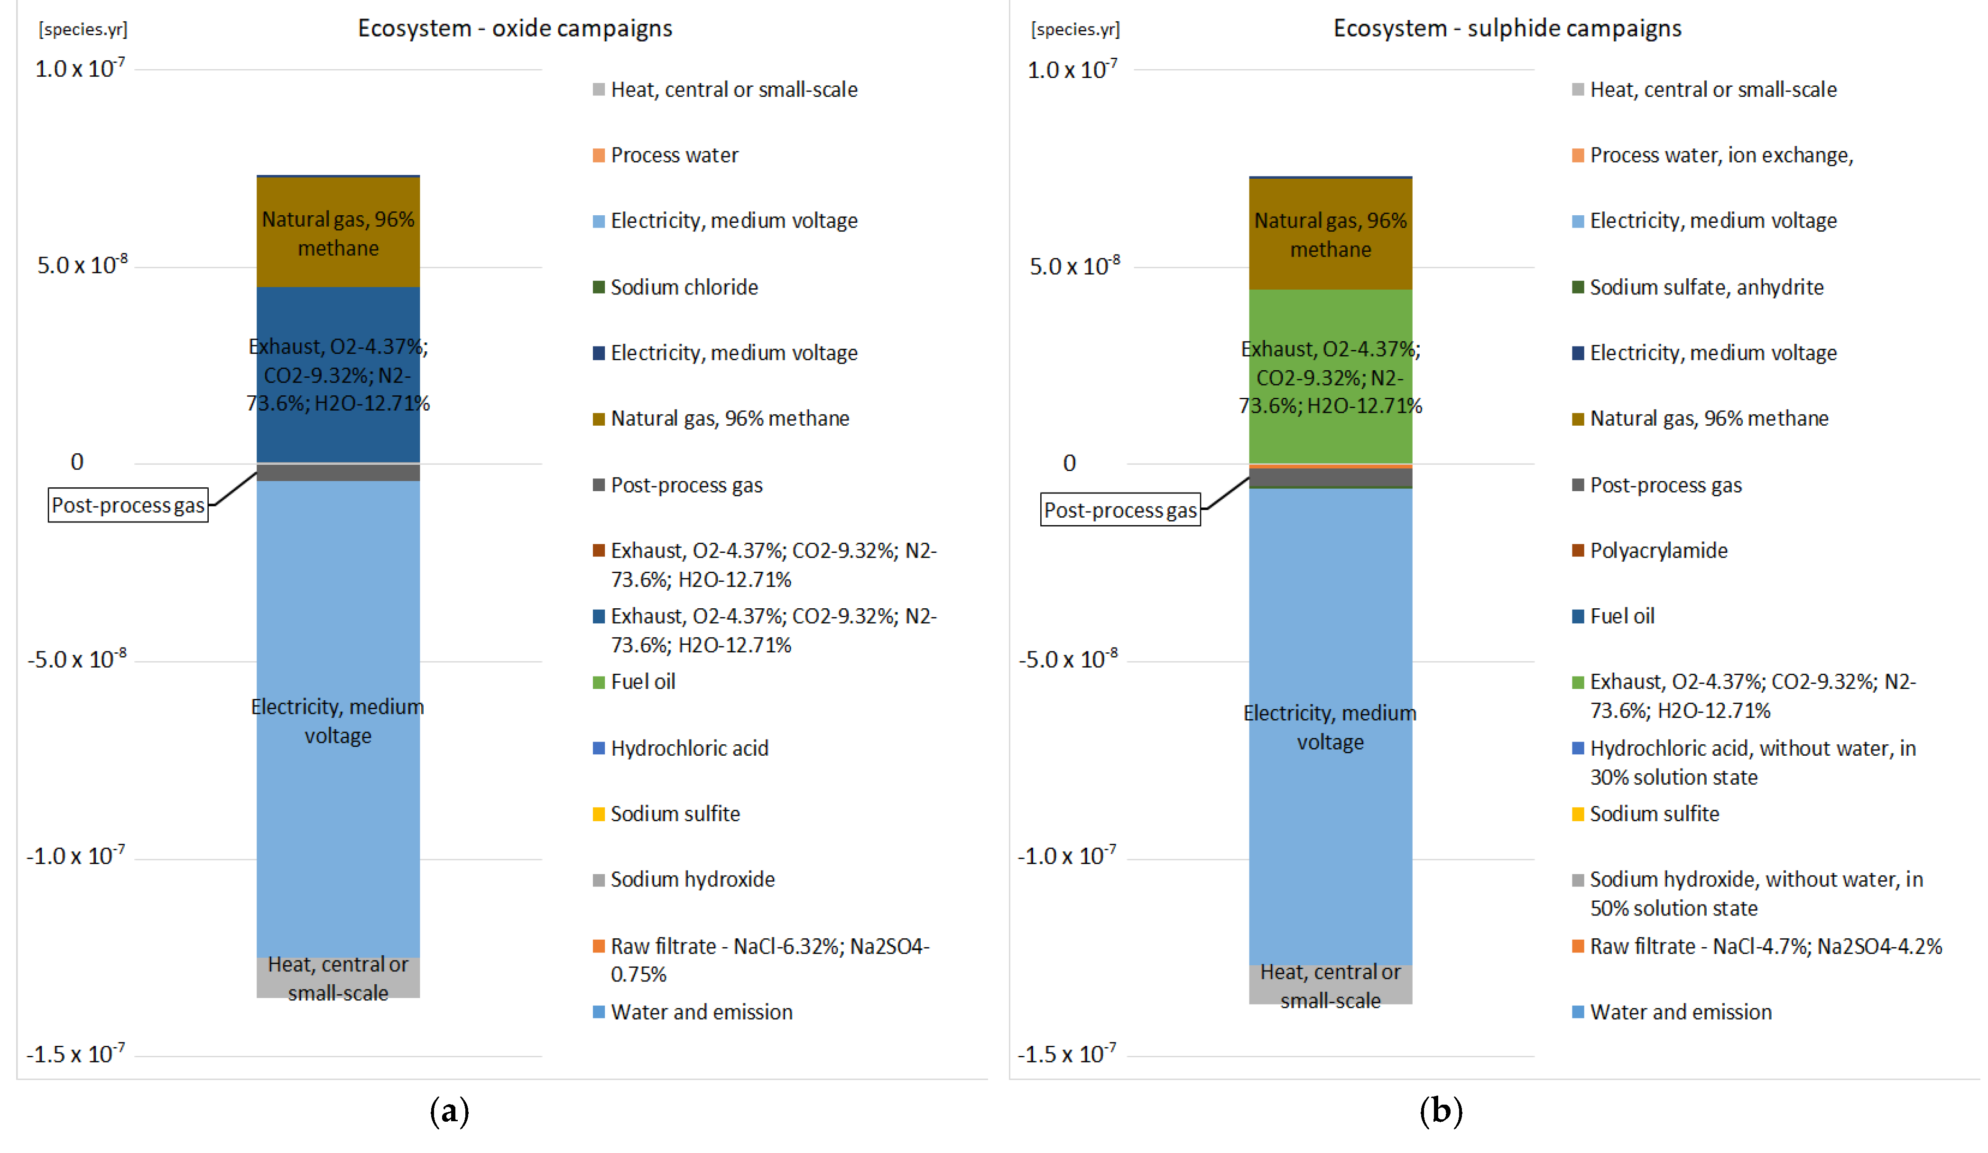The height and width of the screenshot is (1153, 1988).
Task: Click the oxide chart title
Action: click(x=514, y=28)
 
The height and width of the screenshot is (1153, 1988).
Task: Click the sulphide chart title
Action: click(x=1507, y=28)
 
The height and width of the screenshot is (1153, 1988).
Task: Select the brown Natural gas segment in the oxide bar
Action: click(x=338, y=233)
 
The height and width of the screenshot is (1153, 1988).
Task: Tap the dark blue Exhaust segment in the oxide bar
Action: click(x=338, y=375)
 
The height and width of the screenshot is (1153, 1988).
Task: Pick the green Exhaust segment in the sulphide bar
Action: click(x=1330, y=377)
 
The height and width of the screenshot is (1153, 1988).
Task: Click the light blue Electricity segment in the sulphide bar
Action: click(x=1330, y=725)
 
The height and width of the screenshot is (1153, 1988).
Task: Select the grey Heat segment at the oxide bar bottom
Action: click(x=338, y=978)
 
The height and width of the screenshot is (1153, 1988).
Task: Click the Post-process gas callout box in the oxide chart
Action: click(x=128, y=505)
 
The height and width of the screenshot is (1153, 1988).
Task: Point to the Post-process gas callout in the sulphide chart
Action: click(x=1120, y=510)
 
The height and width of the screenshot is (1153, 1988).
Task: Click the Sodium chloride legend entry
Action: click(x=683, y=287)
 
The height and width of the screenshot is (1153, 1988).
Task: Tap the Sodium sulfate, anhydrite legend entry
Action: click(x=1706, y=287)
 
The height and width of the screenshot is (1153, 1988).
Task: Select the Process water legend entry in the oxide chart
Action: click(x=674, y=156)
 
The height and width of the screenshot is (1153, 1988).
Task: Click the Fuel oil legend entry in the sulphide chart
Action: click(x=1621, y=616)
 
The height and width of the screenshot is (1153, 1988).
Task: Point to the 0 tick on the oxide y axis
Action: click(x=76, y=462)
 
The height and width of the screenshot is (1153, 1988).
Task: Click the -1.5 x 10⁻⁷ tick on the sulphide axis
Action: click(x=1067, y=1053)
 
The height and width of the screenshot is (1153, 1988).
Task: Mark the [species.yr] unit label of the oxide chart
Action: click(x=83, y=30)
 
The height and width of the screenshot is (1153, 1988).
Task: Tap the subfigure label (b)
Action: click(x=1441, y=1111)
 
